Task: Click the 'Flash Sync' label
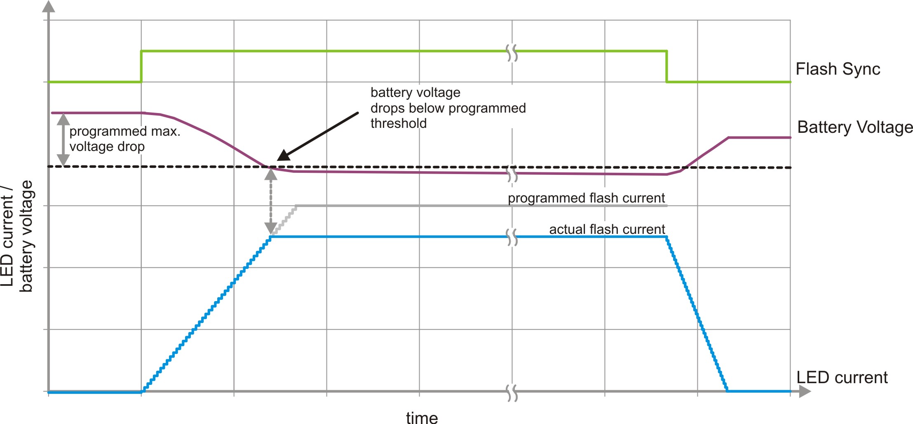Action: pos(837,69)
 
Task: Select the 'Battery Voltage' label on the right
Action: pos(855,127)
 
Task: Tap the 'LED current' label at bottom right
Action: pos(842,377)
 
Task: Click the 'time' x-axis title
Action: pos(422,417)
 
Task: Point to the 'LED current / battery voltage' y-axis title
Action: pos(17,236)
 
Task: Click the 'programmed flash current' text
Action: pos(586,198)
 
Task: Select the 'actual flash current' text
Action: pos(607,229)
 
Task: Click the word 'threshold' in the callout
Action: pos(398,123)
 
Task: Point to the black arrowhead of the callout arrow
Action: pos(282,156)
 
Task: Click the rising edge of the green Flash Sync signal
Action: pos(141,66)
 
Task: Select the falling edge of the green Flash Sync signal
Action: pos(667,66)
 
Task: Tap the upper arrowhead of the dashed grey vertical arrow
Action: pos(270,175)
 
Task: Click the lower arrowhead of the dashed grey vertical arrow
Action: pos(270,228)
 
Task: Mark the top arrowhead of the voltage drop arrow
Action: pos(63,119)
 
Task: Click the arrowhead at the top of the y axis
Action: pos(49,7)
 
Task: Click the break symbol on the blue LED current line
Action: pos(512,237)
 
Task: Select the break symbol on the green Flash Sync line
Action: pos(512,53)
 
